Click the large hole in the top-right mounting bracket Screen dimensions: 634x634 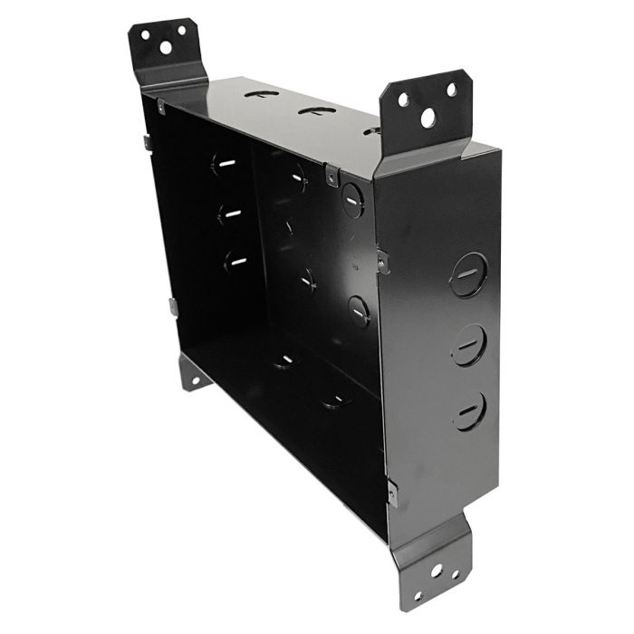(427, 118)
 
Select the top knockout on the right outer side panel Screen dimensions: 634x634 (468, 274)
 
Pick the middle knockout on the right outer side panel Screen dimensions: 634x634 (469, 344)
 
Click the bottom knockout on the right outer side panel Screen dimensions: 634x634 (469, 410)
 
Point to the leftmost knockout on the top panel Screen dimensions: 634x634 (261, 93)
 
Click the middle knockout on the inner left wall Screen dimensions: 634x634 (228, 214)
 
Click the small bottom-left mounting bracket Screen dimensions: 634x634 (191, 371)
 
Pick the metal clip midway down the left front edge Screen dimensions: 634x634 (172, 306)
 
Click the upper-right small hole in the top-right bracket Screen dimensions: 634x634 (450, 90)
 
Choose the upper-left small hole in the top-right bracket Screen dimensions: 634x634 (403, 100)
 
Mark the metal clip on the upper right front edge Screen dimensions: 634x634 (382, 261)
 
